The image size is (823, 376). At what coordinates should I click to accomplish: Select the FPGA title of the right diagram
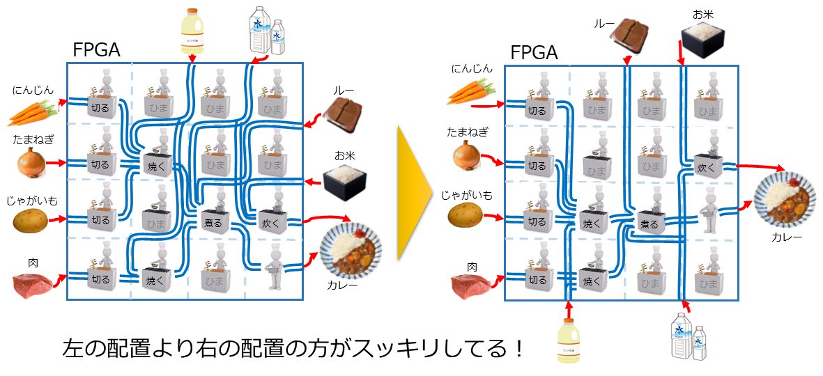[534, 54]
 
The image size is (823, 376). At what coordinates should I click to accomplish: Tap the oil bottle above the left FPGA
[191, 31]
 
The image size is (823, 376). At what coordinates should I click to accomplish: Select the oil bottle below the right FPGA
[569, 340]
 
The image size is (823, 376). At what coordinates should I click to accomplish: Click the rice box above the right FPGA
[705, 38]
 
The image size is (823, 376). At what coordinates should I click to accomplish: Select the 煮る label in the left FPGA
[213, 223]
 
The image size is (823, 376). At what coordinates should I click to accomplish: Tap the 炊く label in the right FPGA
[707, 167]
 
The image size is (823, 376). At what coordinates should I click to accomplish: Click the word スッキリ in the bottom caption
[390, 347]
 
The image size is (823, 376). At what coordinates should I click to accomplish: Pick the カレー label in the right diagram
[787, 237]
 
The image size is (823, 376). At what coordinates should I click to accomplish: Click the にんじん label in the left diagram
[33, 90]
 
